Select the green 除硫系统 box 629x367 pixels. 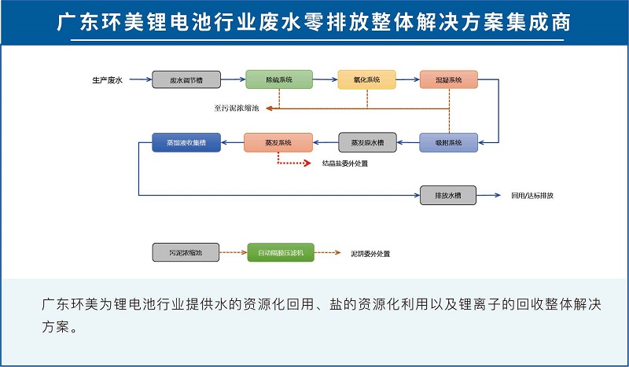click(279, 79)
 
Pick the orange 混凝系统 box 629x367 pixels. click(448, 79)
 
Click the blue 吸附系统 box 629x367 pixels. click(448, 142)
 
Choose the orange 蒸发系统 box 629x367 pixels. click(278, 142)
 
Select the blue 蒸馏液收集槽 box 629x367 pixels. click(185, 142)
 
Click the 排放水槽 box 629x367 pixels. click(448, 195)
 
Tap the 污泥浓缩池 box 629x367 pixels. click(186, 253)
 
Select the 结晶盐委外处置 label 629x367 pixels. click(345, 163)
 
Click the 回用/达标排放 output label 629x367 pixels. click(532, 195)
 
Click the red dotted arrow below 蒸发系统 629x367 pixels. click(295, 163)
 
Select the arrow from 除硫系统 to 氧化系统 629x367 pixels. click(326, 79)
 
